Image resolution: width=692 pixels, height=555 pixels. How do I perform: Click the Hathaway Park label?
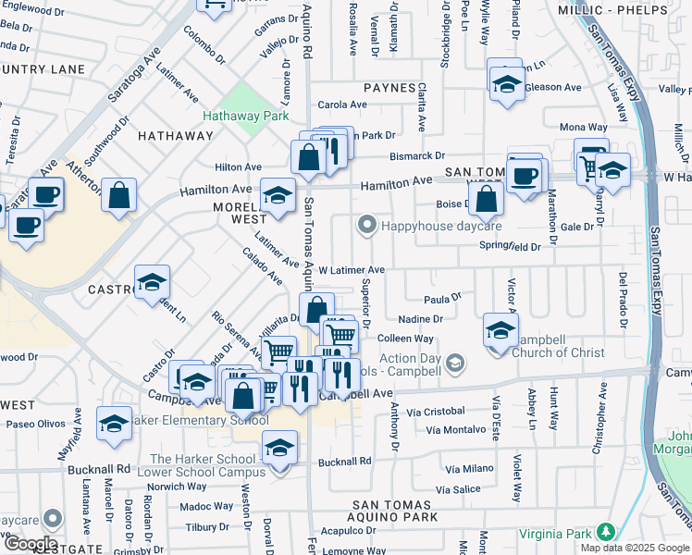[x=241, y=117]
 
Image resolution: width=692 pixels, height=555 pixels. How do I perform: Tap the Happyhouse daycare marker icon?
[x=367, y=225]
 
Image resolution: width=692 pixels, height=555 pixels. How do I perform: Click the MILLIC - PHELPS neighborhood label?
[x=612, y=9]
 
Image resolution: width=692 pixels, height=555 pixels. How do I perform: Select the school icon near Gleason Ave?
[x=505, y=85]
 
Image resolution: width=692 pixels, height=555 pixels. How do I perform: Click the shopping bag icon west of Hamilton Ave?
[x=118, y=196]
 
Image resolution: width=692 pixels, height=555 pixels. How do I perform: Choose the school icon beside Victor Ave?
[x=500, y=330]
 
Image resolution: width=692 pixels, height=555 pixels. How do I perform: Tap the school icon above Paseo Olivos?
[x=114, y=424]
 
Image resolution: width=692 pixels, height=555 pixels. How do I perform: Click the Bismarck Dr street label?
[x=417, y=156]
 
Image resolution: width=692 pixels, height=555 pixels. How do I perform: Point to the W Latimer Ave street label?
[x=351, y=270]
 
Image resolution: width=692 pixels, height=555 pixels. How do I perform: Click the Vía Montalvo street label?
[x=455, y=430]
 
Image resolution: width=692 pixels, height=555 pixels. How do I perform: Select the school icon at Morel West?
[x=276, y=196]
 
